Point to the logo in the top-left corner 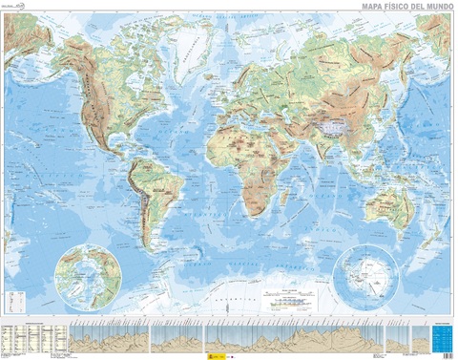click(19, 9)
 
